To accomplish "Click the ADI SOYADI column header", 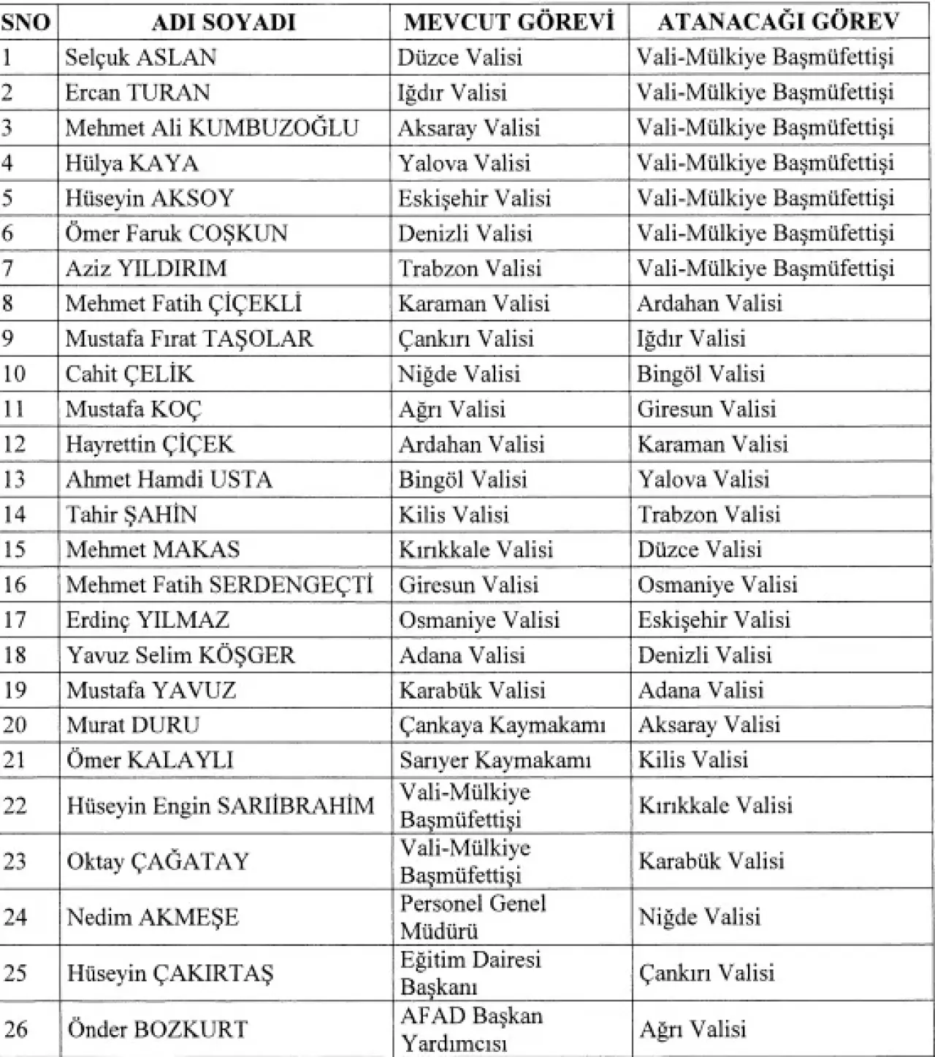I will (x=223, y=23).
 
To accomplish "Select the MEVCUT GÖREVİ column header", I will (x=508, y=23).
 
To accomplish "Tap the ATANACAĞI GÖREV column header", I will (x=778, y=23).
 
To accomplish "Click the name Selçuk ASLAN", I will (x=140, y=58).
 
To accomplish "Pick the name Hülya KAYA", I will (x=131, y=163).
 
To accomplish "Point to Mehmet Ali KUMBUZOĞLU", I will (x=212, y=128).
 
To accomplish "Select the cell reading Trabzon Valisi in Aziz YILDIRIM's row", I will (x=469, y=269).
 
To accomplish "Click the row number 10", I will (x=15, y=374).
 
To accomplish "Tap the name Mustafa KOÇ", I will (x=133, y=410).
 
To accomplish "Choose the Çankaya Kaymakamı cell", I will (x=502, y=726).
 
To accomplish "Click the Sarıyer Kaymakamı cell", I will (x=495, y=761).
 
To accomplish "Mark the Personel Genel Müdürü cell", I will (x=473, y=917).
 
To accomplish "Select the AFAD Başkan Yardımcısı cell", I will (x=471, y=1029).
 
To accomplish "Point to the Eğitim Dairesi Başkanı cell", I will (x=470, y=973).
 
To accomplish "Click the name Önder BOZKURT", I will (x=157, y=1029).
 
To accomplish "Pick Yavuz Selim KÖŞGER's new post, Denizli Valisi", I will (x=704, y=655).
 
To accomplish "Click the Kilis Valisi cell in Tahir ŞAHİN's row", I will (x=453, y=515).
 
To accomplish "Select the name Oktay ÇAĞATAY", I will (x=158, y=861).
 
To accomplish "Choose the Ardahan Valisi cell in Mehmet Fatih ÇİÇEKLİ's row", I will (x=709, y=304).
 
